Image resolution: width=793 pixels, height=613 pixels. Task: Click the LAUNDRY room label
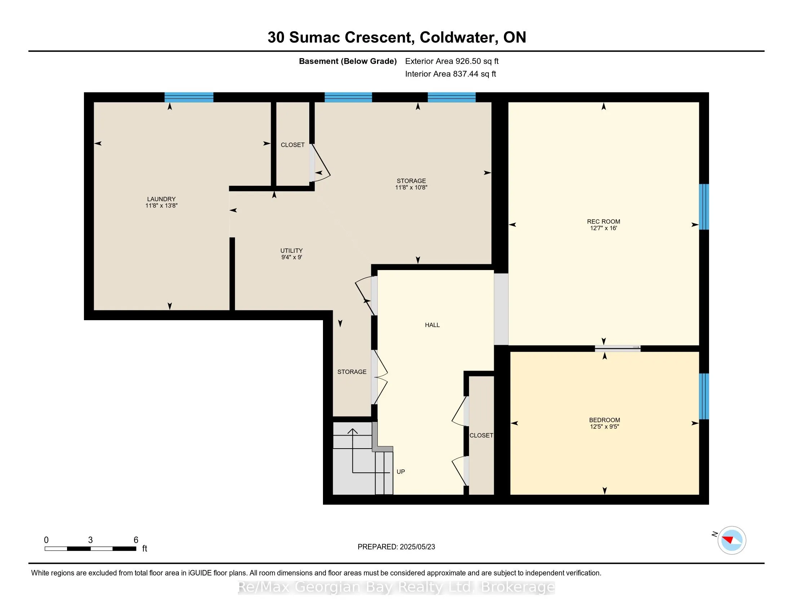(161, 199)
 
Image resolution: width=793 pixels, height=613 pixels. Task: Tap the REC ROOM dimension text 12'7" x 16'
(603, 228)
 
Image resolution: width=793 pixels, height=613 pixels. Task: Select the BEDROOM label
(604, 420)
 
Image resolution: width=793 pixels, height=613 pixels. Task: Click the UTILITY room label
(291, 251)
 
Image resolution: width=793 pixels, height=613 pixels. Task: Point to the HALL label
(432, 325)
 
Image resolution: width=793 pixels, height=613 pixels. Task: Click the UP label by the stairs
(400, 472)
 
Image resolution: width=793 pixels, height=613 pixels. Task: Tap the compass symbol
(731, 540)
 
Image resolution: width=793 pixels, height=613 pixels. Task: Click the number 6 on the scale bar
(136, 540)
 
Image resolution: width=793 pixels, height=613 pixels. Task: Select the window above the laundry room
(189, 97)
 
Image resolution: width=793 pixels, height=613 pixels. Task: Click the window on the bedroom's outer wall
(704, 396)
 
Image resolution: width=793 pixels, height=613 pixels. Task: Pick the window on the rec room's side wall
(704, 207)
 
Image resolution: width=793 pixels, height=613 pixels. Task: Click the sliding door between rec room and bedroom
(617, 348)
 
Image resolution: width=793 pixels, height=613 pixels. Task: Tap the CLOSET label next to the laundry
(292, 145)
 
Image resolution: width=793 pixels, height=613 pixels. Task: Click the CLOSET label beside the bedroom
(481, 436)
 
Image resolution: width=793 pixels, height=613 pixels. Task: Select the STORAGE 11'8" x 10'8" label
(411, 184)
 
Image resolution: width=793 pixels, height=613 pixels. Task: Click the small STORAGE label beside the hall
(352, 372)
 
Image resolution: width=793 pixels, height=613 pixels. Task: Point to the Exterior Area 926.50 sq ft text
(452, 61)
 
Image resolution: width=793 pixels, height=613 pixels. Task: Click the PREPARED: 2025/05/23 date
(396, 547)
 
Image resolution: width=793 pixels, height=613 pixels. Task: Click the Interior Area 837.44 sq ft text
(450, 74)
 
